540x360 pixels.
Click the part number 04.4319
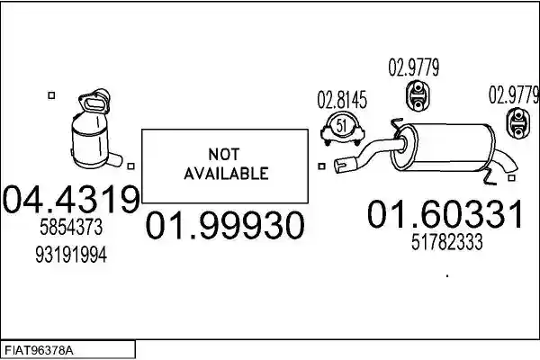click(71, 199)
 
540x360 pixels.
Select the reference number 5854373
click(71, 228)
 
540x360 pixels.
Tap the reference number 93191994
click(71, 255)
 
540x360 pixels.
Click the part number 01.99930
click(225, 225)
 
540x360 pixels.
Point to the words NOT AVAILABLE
click(226, 164)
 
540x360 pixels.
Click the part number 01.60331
click(445, 214)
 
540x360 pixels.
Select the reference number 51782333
click(446, 242)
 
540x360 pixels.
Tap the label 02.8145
click(342, 100)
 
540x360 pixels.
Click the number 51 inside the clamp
click(341, 126)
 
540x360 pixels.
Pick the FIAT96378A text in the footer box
click(39, 351)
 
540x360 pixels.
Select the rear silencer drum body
click(445, 148)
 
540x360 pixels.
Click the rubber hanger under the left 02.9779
click(418, 95)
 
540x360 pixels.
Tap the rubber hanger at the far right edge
click(517, 123)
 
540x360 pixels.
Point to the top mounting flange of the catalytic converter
click(94, 101)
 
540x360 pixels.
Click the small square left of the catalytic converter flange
click(51, 95)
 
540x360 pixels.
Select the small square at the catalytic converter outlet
click(130, 166)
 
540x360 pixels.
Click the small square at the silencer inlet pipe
click(321, 166)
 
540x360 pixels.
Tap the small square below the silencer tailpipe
click(512, 178)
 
